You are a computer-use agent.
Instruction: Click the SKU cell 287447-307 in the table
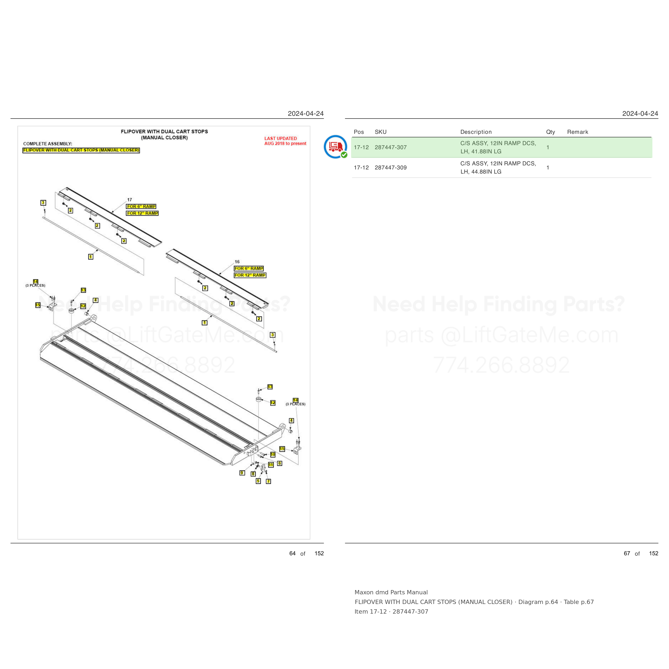point(391,147)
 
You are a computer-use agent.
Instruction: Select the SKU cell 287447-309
point(391,168)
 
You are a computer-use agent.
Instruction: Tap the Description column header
point(476,132)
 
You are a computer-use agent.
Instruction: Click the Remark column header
point(577,132)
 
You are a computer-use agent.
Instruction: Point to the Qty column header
point(550,132)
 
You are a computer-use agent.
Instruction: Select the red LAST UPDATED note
point(285,141)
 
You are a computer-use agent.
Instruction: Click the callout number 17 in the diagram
point(130,200)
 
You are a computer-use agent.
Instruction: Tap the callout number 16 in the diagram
point(237,262)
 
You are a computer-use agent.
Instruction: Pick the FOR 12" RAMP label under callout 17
point(142,213)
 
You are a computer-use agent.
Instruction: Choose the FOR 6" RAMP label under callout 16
point(249,268)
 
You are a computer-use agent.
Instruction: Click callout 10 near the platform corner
point(272,454)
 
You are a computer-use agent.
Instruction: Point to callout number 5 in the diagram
point(258,481)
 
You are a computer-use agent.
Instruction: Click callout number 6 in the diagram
point(279,463)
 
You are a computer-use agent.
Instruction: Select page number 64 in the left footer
point(292,553)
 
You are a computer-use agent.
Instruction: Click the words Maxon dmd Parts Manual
point(391,592)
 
